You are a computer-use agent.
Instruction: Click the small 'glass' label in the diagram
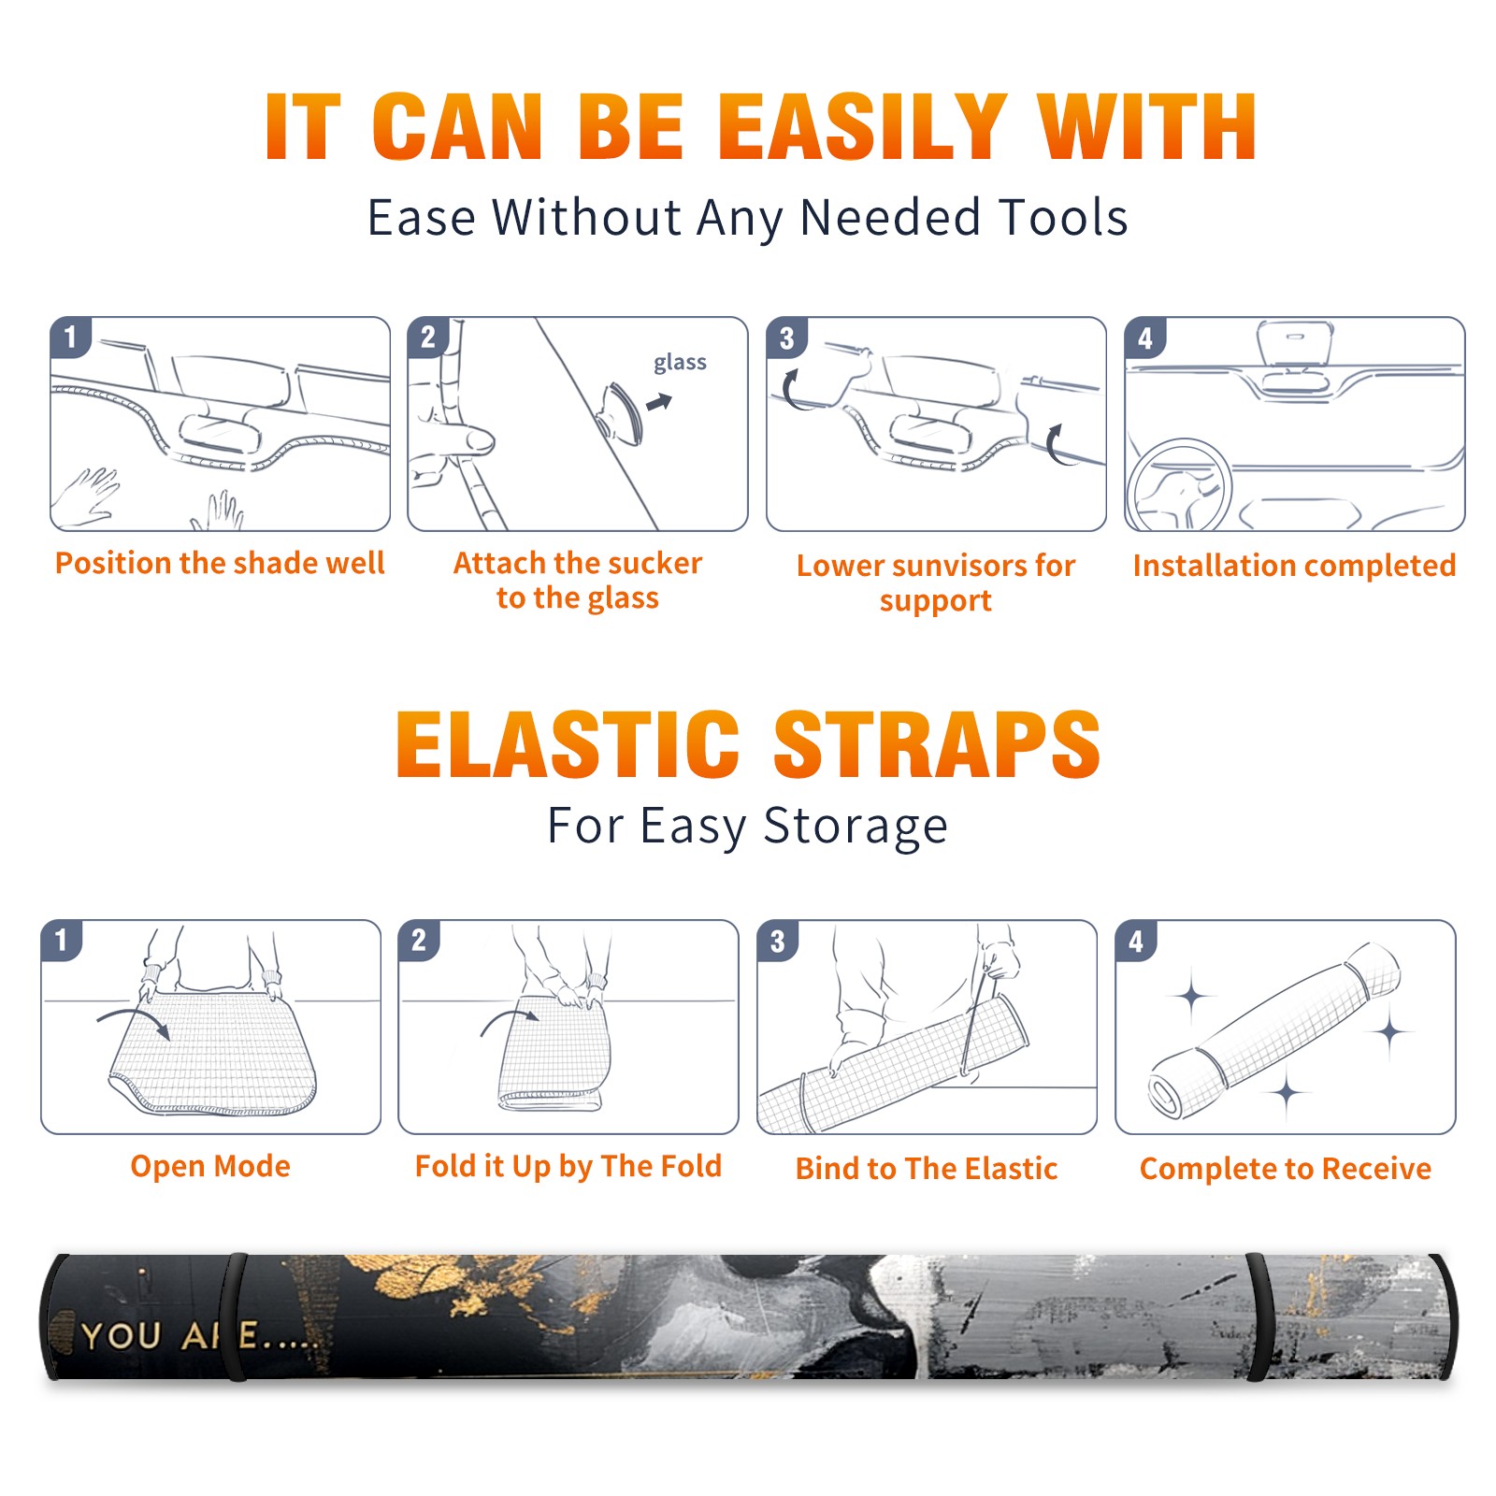click(x=680, y=363)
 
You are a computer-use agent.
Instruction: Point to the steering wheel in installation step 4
click(x=1179, y=485)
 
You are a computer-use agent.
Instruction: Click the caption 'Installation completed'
click(x=1294, y=566)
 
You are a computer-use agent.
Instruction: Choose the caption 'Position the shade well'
click(x=220, y=563)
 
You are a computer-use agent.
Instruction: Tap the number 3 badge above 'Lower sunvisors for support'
click(x=786, y=338)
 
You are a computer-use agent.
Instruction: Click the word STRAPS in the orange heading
click(x=937, y=744)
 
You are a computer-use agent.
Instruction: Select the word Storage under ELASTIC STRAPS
click(x=856, y=827)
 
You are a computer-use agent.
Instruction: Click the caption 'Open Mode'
click(x=210, y=1166)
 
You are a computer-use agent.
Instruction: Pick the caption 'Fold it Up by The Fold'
click(x=568, y=1166)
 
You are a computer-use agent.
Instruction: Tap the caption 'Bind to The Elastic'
click(x=927, y=1169)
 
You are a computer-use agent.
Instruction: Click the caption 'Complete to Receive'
click(x=1286, y=1169)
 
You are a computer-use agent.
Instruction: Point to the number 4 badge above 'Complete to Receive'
click(x=1136, y=942)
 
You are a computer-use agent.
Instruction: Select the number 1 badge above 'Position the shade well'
click(x=70, y=337)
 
